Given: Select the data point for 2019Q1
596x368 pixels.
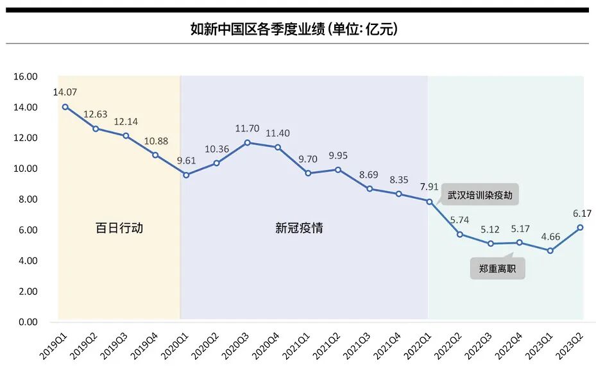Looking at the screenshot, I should tap(65, 107).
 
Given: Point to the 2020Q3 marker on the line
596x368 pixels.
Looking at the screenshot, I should tap(248, 142).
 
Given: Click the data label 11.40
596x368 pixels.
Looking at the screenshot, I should tap(278, 133).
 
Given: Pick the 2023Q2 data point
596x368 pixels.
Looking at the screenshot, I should tap(580, 227).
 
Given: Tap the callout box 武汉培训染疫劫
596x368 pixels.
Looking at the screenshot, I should tap(480, 195).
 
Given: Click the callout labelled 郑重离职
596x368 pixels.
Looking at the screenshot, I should tap(497, 269).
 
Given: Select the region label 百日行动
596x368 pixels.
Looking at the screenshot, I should tap(119, 228).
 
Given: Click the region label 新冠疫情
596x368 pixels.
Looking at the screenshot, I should tap(299, 228).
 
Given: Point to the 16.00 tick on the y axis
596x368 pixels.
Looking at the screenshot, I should tap(26, 77).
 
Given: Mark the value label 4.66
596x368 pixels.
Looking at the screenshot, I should tap(550, 236).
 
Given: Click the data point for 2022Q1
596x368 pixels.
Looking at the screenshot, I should tap(429, 201).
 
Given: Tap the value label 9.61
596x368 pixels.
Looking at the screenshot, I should tap(186, 160).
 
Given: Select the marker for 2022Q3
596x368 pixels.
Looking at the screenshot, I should tap(491, 244).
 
